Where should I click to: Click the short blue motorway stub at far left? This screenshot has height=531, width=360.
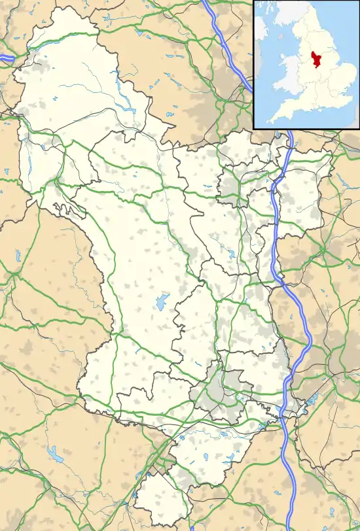(7, 59)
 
